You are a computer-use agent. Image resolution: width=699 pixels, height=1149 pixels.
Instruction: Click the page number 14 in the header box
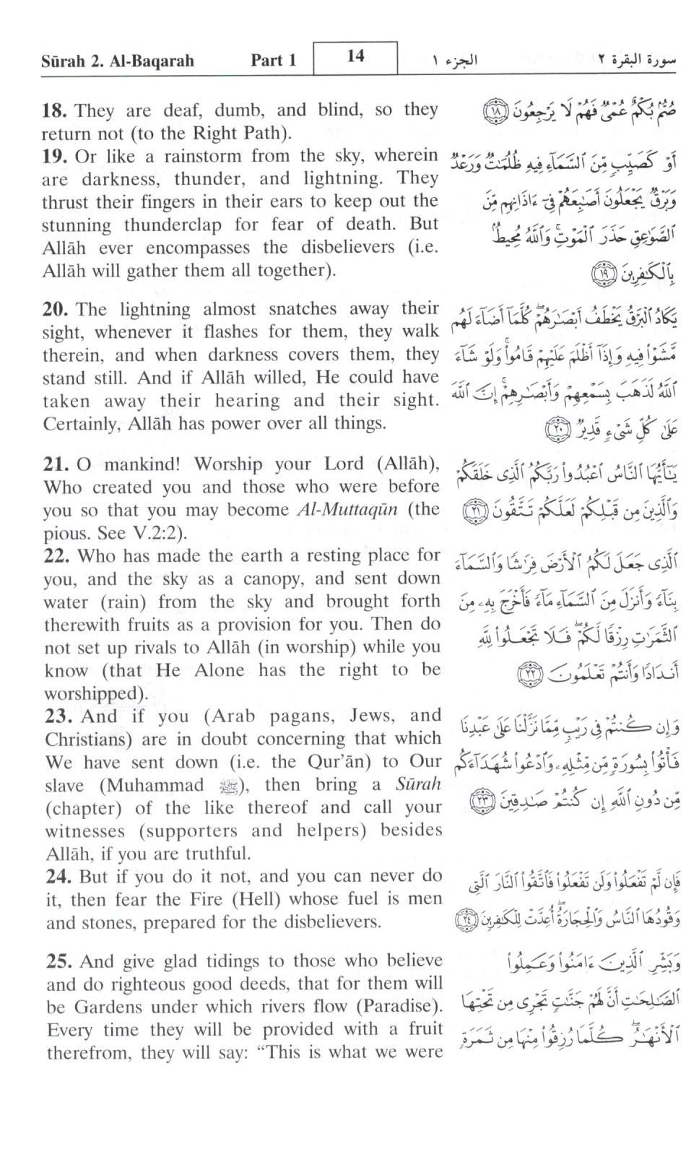(355, 56)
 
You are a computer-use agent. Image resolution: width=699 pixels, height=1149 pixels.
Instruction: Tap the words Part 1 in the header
(274, 61)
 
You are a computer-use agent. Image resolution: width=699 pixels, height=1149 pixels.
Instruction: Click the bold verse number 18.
(54, 111)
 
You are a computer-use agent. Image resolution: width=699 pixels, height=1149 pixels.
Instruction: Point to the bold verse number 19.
(54, 157)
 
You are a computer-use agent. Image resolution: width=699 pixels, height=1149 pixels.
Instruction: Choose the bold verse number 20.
(55, 310)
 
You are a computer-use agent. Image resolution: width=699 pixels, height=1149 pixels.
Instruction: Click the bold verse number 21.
(55, 465)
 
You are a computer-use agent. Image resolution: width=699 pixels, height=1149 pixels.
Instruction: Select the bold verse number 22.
(56, 556)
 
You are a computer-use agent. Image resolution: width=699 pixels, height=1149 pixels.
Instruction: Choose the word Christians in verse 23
(84, 740)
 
